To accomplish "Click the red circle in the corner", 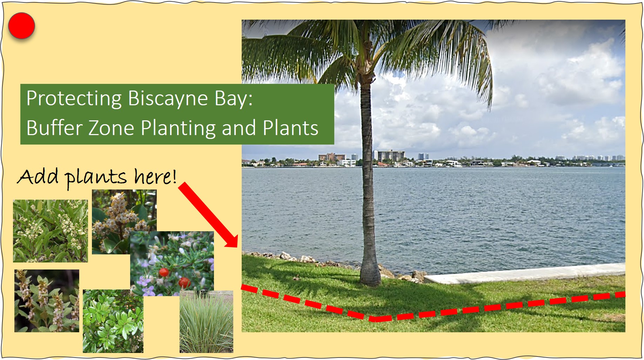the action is tap(21, 26).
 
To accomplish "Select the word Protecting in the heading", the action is tap(74, 99).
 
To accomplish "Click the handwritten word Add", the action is tap(38, 176).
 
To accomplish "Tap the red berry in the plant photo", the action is tap(164, 272).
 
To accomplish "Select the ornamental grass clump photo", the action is tap(206, 322).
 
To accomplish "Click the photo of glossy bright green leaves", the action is tap(113, 321).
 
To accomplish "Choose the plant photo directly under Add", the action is tap(51, 231).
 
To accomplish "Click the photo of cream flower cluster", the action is tap(124, 222).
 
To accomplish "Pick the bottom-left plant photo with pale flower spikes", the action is tap(47, 301).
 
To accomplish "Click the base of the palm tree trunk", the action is tap(370, 279).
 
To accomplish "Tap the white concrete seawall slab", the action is tap(525, 273).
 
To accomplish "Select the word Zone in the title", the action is tap(112, 128).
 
